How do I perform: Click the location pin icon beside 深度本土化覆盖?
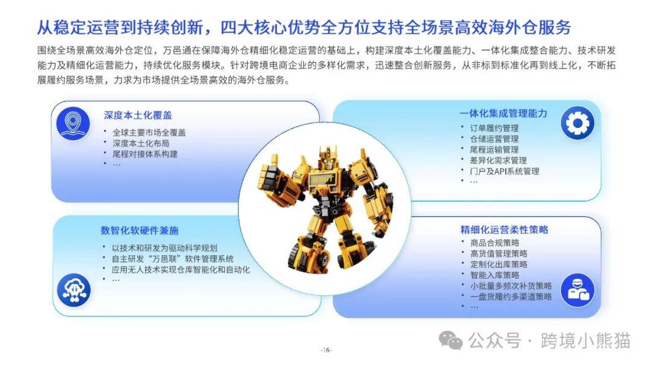click(73, 123)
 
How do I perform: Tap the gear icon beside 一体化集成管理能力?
click(577, 123)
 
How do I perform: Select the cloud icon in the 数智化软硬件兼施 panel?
click(74, 290)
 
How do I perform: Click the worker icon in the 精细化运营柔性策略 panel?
click(577, 290)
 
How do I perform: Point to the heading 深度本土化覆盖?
click(138, 115)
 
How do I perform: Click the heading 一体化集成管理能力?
click(503, 113)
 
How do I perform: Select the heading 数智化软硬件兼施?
click(139, 230)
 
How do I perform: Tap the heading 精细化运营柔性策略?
click(504, 229)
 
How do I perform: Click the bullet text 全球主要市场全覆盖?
click(149, 133)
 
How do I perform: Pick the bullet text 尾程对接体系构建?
click(145, 154)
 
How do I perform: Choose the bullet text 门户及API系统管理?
click(504, 171)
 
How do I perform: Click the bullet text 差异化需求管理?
click(498, 161)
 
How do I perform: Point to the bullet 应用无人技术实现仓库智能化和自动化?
click(181, 270)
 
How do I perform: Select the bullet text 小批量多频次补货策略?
click(511, 286)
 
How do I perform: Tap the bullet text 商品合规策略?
click(495, 243)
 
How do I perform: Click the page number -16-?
click(326, 350)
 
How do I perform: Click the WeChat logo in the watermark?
click(451, 341)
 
